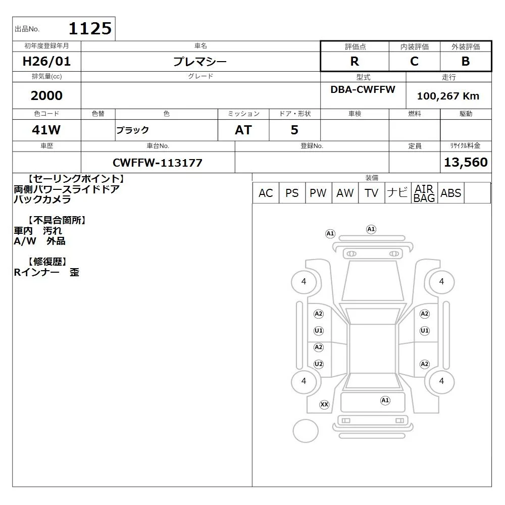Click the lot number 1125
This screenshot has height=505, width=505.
90,28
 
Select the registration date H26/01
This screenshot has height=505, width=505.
46,61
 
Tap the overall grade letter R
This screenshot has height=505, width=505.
355,61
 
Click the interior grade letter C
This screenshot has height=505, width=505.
414,61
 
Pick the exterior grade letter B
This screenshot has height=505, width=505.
466,61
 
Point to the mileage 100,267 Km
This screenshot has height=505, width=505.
448,95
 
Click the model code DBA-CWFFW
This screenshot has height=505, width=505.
363,89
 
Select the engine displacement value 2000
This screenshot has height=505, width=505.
46,95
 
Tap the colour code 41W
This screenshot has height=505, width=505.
46,130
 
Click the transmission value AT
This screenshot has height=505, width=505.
243,130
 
